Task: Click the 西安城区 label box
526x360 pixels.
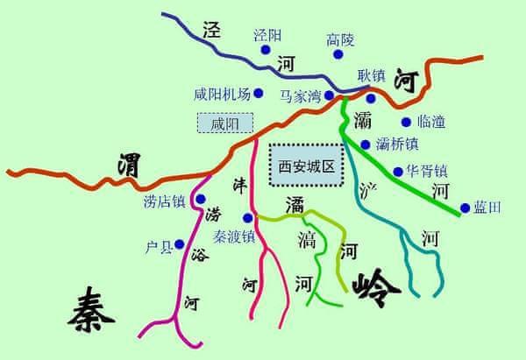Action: coord(306,165)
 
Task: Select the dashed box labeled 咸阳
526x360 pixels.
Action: coord(225,124)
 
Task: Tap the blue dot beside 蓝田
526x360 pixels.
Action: coord(465,208)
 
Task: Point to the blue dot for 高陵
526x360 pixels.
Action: coord(338,54)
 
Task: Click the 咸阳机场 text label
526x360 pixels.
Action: coord(222,94)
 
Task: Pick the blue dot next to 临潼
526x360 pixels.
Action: coord(405,122)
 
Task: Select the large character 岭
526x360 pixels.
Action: coord(377,283)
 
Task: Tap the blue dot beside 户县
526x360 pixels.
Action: coord(179,244)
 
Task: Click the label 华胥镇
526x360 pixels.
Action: coord(427,171)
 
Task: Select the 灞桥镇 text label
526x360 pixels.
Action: coord(395,144)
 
